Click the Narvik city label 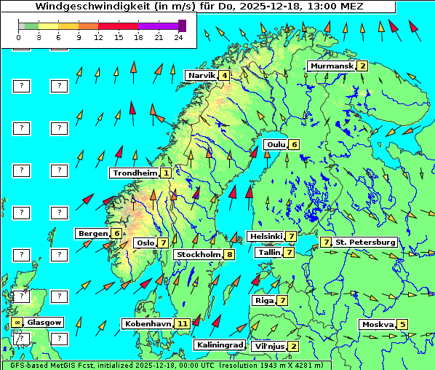pyautogui.click(x=201, y=76)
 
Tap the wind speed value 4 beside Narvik pyautogui.click(x=225, y=76)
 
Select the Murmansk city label pyautogui.click(x=331, y=66)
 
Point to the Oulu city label pyautogui.click(x=276, y=144)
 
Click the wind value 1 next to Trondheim pyautogui.click(x=167, y=173)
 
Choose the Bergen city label pyautogui.click(x=92, y=233)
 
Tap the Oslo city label pyautogui.click(x=145, y=243)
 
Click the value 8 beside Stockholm pyautogui.click(x=229, y=254)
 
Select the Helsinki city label pyautogui.click(x=266, y=236)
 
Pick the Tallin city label pyautogui.click(x=269, y=252)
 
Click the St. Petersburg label pyautogui.click(x=365, y=242)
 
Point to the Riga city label pyautogui.click(x=263, y=300)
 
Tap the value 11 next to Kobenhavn pyautogui.click(x=183, y=323)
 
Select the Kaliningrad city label pyautogui.click(x=220, y=345)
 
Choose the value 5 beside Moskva pyautogui.click(x=402, y=324)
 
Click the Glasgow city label pyautogui.click(x=45, y=322)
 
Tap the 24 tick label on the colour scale pyautogui.click(x=179, y=37)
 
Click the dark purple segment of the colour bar pyautogui.click(x=182, y=25)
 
